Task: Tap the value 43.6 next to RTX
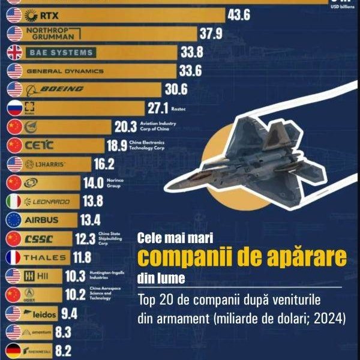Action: (238, 15)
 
